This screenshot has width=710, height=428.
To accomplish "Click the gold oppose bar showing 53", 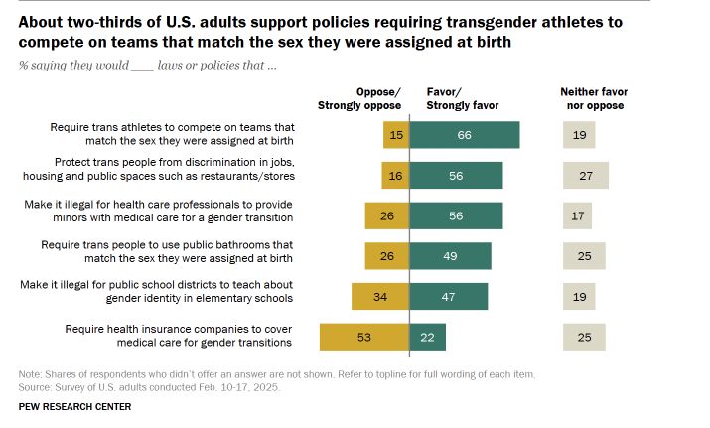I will (364, 337).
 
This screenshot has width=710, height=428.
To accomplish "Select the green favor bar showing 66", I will (465, 135).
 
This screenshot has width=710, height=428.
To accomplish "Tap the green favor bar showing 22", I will (428, 337).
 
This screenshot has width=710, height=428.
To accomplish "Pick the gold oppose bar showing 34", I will (380, 296).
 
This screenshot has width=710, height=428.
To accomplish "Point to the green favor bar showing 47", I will (449, 296).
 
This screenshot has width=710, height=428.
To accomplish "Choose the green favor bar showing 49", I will (450, 255).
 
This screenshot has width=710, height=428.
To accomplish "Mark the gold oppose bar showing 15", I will (396, 135).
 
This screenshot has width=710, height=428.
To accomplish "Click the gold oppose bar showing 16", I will (395, 176).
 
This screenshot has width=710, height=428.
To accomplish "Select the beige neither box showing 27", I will (585, 176).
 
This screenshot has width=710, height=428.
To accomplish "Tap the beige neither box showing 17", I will (577, 215).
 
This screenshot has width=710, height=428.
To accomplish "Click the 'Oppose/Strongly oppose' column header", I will (359, 98).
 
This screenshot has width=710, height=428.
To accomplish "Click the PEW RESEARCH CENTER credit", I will (74, 406).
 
